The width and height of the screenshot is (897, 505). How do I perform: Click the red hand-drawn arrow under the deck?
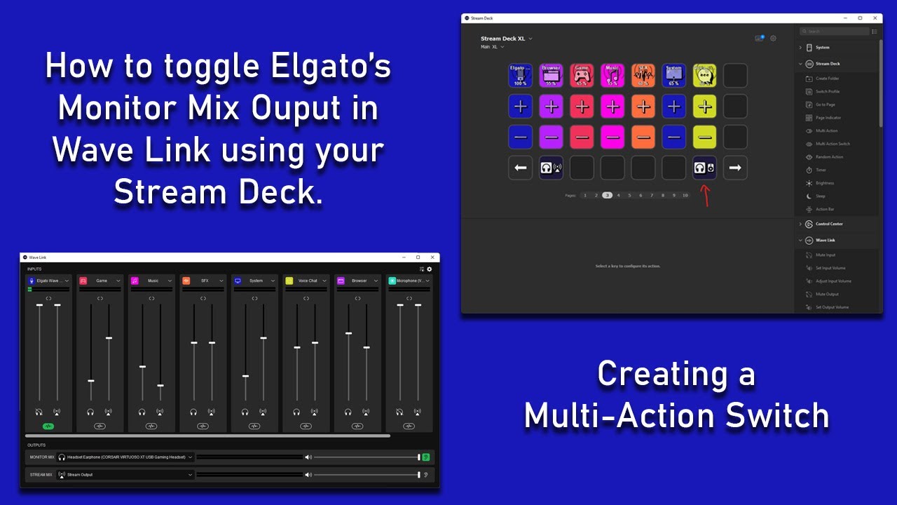pos(706,196)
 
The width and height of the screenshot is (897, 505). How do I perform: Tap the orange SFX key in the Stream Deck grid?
pos(643,75)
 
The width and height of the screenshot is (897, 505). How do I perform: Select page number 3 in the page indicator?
pos(607,195)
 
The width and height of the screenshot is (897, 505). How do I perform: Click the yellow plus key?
pos(704,107)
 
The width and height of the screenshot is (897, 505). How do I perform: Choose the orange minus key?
pos(643,137)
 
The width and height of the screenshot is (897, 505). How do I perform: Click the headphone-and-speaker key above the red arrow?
pos(704,168)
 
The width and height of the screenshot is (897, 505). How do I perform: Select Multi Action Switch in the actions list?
pos(833,144)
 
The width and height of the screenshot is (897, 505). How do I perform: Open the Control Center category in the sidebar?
pos(829,224)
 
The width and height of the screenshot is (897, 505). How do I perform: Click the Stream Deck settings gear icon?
pos(774,39)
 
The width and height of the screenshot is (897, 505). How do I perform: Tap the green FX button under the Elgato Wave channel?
pos(48,426)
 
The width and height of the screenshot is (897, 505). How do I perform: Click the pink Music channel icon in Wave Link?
pos(135,281)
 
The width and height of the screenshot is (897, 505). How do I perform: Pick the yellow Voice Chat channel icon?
pos(289,281)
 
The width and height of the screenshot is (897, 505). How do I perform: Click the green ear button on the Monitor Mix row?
pos(426,457)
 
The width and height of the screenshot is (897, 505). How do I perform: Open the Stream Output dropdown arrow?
pos(191,475)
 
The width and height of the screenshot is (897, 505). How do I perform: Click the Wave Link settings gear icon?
pos(430,269)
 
